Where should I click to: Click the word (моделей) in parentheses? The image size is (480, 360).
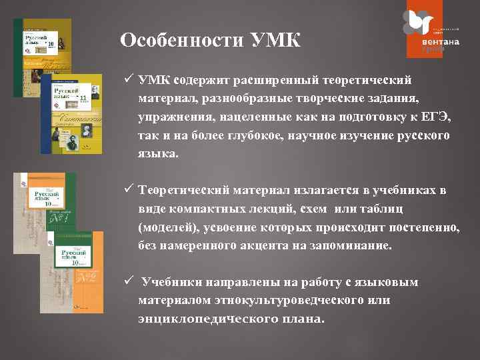164,227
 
